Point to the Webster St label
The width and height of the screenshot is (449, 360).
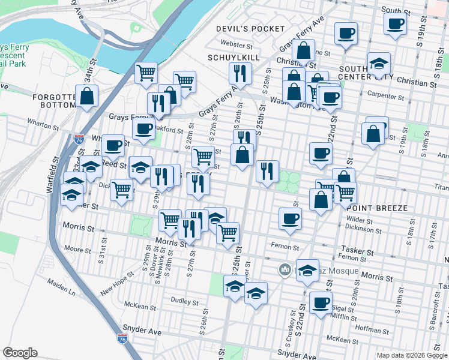click(234, 43)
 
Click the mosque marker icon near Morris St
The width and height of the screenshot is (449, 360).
click(285, 271)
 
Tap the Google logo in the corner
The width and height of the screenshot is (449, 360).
click(20, 353)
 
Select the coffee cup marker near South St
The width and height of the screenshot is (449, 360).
click(396, 24)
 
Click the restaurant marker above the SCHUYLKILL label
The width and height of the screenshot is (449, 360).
click(240, 74)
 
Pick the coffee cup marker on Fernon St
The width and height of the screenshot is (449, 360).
click(291, 218)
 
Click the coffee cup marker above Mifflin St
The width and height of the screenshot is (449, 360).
click(321, 302)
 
